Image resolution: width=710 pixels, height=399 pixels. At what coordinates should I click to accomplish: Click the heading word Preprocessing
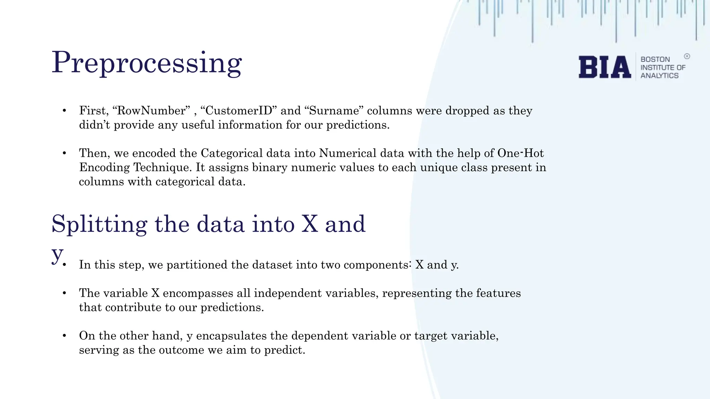point(147,63)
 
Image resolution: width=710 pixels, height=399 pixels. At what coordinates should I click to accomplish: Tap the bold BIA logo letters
point(605,67)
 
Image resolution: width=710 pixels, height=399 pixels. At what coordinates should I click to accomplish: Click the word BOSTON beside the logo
point(655,59)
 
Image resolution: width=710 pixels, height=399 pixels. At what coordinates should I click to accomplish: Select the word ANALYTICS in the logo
point(659,76)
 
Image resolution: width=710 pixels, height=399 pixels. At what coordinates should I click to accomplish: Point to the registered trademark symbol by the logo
point(687,56)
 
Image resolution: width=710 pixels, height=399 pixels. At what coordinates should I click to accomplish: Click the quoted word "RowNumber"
point(151,110)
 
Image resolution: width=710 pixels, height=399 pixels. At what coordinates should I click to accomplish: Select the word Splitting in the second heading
point(99,224)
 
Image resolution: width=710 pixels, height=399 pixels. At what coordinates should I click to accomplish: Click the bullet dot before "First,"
point(64,110)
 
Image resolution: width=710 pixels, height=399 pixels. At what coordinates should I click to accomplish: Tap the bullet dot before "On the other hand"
point(64,336)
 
